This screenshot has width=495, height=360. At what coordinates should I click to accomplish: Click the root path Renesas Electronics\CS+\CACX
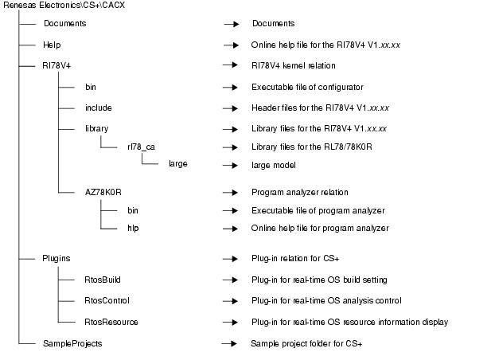[x=64, y=6]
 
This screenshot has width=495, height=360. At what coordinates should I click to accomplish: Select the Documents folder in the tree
[x=64, y=24]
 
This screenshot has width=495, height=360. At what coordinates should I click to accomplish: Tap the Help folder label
[x=52, y=45]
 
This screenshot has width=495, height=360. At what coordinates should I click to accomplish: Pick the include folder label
[x=99, y=108]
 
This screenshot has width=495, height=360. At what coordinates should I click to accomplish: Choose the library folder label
[x=96, y=128]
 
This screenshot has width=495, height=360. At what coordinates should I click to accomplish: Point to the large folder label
[x=178, y=165]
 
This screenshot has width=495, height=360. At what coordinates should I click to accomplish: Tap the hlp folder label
[x=134, y=228]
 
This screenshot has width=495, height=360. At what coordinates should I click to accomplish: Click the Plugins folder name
[x=57, y=258]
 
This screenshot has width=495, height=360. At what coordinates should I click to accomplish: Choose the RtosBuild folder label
[x=103, y=280]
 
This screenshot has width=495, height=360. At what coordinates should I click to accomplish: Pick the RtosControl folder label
[x=107, y=300]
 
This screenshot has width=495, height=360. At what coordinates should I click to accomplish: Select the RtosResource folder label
[x=111, y=322]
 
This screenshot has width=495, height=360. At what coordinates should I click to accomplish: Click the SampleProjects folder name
[x=72, y=342]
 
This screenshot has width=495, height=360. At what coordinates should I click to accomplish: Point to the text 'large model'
[x=273, y=165]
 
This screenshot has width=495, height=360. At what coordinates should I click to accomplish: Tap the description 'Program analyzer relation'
[x=299, y=192]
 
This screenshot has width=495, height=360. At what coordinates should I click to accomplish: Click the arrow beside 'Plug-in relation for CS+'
[x=231, y=259]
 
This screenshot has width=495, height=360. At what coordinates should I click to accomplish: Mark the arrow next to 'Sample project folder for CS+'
[x=231, y=343]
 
